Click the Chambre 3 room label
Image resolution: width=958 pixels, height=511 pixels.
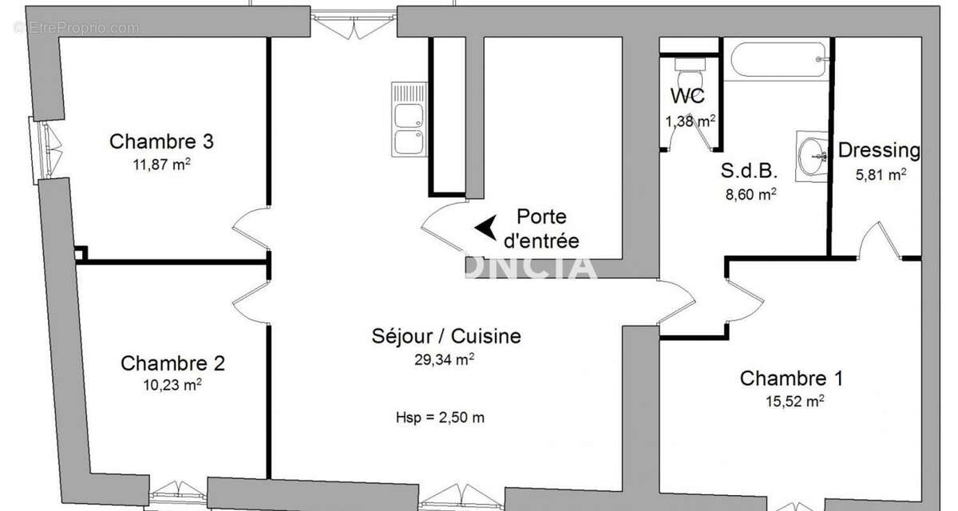click(x=161, y=142)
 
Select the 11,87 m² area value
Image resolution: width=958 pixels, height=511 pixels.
click(x=161, y=165)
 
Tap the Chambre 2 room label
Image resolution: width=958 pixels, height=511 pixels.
click(x=172, y=364)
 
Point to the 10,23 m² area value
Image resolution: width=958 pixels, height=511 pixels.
click(x=172, y=385)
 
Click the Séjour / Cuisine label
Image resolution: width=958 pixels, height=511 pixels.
click(x=446, y=336)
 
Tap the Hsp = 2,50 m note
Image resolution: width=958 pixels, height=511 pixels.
click(x=440, y=417)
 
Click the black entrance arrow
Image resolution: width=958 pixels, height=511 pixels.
click(x=484, y=228)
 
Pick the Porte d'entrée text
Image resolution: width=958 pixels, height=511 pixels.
click(x=541, y=228)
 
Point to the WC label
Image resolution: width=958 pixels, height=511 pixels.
click(x=687, y=97)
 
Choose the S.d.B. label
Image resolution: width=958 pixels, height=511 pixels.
click(x=749, y=171)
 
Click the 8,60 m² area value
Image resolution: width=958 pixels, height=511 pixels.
click(x=749, y=194)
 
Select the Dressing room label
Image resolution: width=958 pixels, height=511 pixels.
click(x=878, y=150)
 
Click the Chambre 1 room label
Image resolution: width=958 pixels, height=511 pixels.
click(x=791, y=378)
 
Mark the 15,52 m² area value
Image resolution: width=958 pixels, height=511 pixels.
click(x=794, y=402)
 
